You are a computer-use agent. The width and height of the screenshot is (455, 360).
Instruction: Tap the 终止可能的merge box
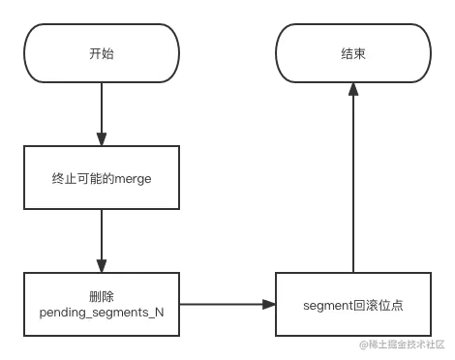tap(101, 179)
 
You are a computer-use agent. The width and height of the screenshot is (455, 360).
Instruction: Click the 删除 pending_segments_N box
tap(101, 305)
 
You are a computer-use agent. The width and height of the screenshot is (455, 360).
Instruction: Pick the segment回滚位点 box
tap(353, 305)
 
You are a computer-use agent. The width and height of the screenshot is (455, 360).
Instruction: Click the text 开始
tap(101, 53)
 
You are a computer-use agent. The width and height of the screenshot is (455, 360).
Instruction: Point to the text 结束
tap(353, 53)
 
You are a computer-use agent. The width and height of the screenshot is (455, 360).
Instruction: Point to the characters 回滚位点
tap(379, 305)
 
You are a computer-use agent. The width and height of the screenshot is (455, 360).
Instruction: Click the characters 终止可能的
tap(82, 179)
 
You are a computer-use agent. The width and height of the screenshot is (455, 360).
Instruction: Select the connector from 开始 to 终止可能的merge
tap(101, 113)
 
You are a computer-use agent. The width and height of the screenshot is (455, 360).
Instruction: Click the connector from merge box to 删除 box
tap(101, 242)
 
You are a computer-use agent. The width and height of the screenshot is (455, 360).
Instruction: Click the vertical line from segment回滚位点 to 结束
tap(353, 184)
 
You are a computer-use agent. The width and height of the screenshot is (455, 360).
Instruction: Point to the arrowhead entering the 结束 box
tap(353, 92)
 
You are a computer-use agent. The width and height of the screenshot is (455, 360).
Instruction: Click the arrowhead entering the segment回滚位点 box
tap(268, 305)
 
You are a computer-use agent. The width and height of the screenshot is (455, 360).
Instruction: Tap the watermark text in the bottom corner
tap(402, 343)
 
